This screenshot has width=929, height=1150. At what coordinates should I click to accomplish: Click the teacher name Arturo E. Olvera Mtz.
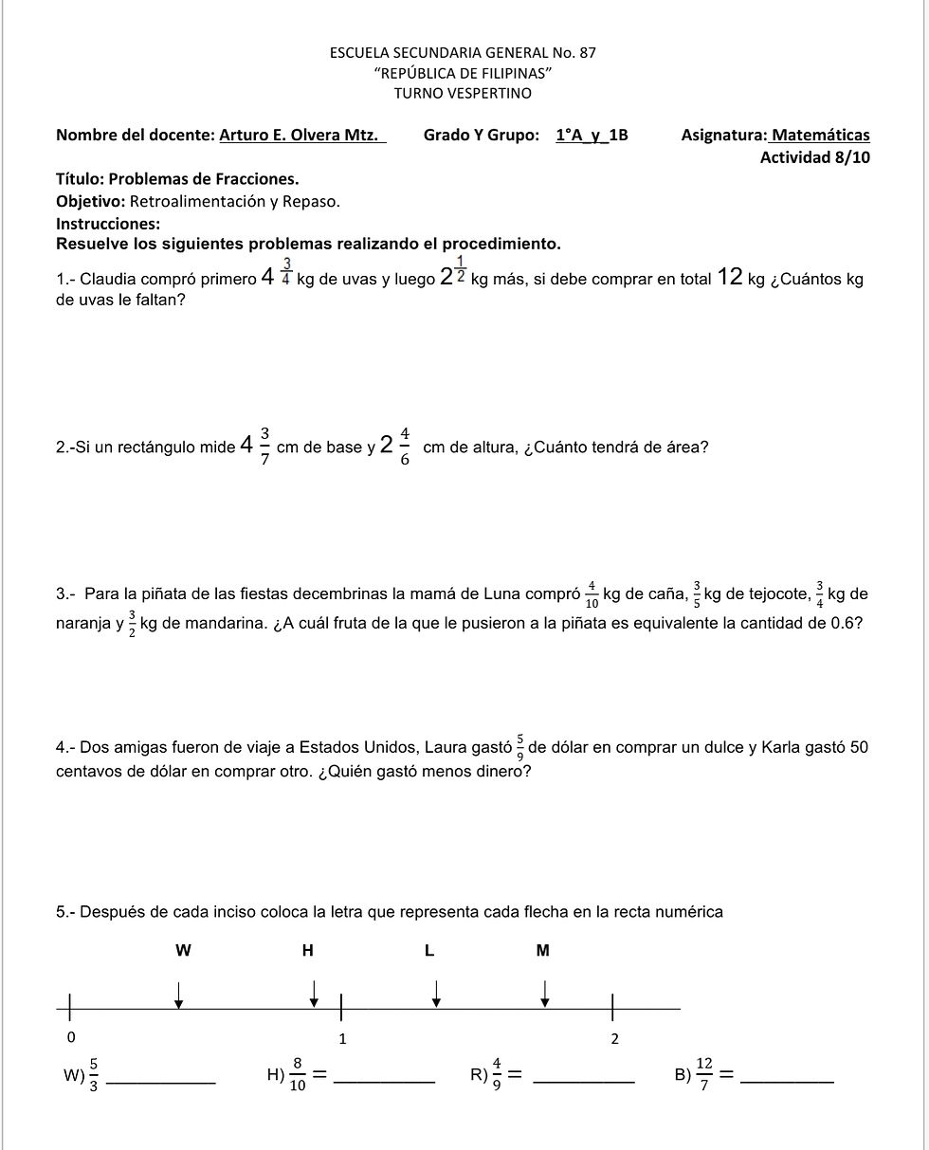coord(302,136)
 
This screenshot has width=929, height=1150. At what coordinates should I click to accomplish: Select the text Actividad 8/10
coord(814,157)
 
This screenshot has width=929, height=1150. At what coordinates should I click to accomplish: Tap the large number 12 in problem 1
coord(730,277)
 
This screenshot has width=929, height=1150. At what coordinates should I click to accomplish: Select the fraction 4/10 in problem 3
coord(592,594)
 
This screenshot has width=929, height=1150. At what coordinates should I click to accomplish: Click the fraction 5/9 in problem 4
coord(519,748)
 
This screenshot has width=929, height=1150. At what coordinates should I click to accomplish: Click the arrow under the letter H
coord(315,994)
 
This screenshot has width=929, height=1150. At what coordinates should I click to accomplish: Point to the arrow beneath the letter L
coord(436,992)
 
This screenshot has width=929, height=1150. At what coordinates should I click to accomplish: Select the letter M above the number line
coord(543,951)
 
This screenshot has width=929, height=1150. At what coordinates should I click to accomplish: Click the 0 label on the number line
coord(71,1036)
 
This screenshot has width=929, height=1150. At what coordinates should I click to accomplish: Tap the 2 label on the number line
coord(614,1039)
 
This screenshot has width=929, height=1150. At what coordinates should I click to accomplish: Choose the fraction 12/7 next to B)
coord(704,1074)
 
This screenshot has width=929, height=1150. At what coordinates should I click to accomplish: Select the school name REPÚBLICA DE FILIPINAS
coord(463,73)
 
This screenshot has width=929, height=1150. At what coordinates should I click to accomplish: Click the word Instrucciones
coord(108,224)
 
